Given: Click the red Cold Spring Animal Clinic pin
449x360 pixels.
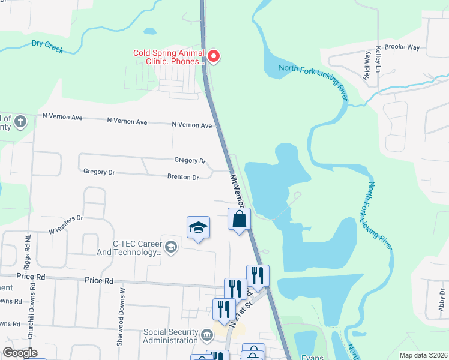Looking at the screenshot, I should tap(212, 56).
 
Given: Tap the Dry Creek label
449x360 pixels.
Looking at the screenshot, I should tap(47, 46).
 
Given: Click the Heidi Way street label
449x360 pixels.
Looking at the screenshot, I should tap(367, 65).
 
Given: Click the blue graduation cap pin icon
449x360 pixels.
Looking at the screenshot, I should tap(198, 228).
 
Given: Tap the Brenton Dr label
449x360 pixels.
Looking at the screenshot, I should tap(183, 178).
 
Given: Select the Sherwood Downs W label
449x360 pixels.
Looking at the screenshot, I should tap(122, 316).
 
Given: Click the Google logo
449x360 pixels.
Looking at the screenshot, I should tap(20, 353).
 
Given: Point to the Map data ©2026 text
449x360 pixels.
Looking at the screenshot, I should tap(423, 355).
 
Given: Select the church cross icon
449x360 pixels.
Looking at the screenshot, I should tap(20, 122).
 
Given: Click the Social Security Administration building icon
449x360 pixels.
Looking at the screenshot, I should tap(207, 334).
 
